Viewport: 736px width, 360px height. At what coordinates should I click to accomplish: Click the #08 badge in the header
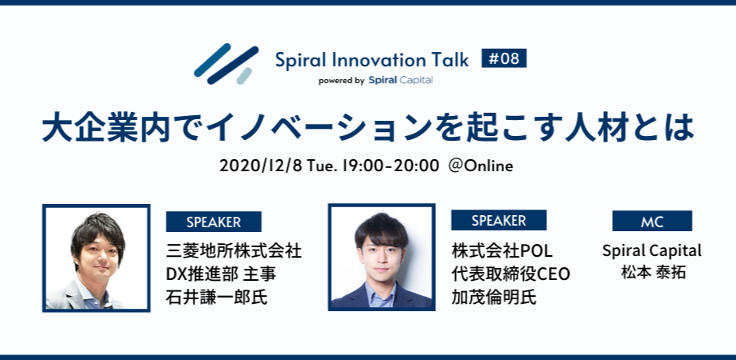504,58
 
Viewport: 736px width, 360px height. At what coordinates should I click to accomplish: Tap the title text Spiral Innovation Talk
373,60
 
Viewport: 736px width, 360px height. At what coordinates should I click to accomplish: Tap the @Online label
481,166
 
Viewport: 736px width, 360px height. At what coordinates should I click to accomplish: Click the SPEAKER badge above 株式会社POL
498,221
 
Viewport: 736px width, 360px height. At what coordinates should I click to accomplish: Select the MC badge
652,222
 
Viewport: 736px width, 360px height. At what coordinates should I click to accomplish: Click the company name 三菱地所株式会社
234,250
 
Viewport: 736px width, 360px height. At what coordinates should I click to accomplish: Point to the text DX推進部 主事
221,274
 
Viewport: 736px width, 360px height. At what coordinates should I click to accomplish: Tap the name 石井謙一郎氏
217,298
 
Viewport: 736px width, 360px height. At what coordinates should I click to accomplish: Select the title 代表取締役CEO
510,274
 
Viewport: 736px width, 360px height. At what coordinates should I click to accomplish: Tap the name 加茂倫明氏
494,298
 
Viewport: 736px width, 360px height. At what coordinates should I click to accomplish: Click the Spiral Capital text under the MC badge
652,250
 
